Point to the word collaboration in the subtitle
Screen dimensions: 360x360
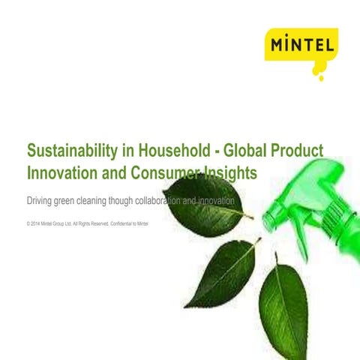187,203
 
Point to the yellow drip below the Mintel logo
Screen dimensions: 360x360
322,76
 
